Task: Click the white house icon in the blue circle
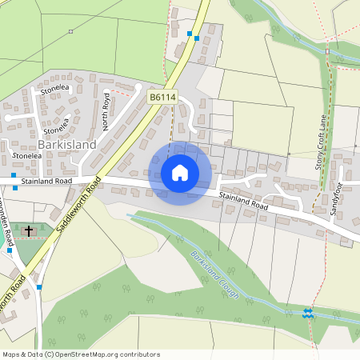[180, 173]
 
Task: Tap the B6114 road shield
[162, 96]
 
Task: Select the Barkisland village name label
[67, 145]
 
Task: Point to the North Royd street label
[106, 111]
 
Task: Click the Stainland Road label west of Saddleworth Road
[47, 182]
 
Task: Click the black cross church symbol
[29, 231]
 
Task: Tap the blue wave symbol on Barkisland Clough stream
[309, 313]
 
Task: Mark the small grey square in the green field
[70, 32]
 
